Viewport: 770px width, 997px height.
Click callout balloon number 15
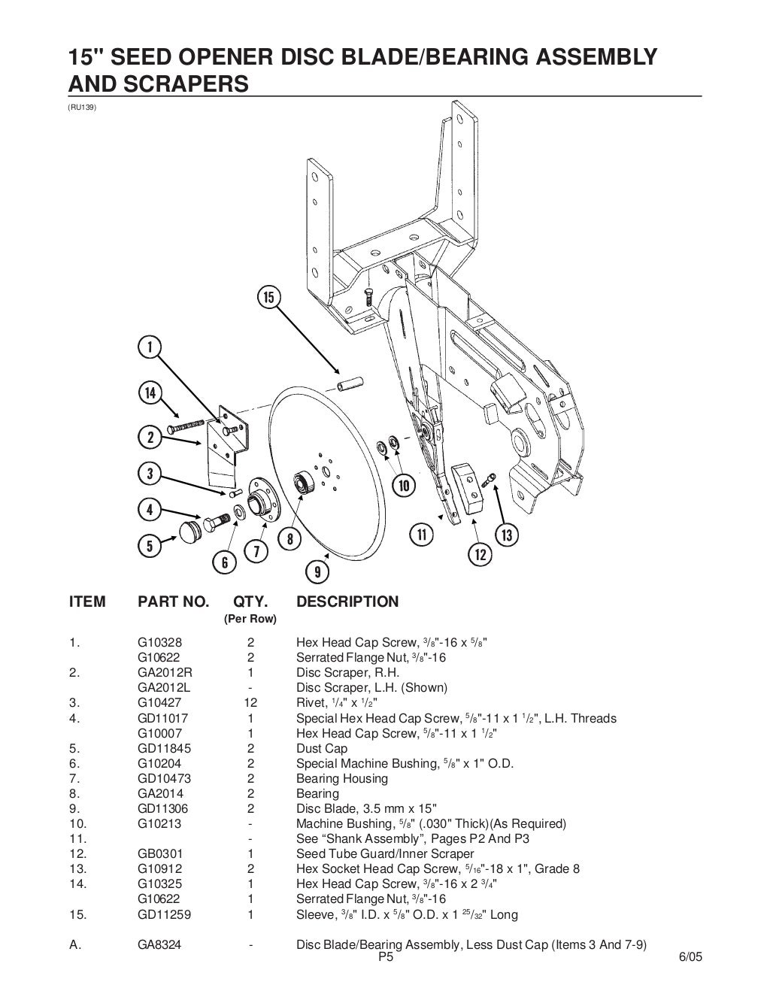pos(268,298)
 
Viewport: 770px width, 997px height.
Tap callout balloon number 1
pos(150,347)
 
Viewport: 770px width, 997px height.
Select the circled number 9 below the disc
pos(317,572)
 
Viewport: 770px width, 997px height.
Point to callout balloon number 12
pos(480,555)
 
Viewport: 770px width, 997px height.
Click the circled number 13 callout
pos(507,535)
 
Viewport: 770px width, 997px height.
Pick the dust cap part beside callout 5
pos(187,532)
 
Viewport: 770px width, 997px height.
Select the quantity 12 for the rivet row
pos(250,703)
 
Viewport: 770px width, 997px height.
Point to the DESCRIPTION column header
pos(347,602)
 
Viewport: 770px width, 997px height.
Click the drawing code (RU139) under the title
pos(83,107)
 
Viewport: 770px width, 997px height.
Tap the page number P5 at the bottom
pos(387,959)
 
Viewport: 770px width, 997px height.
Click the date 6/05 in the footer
pos(690,959)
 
